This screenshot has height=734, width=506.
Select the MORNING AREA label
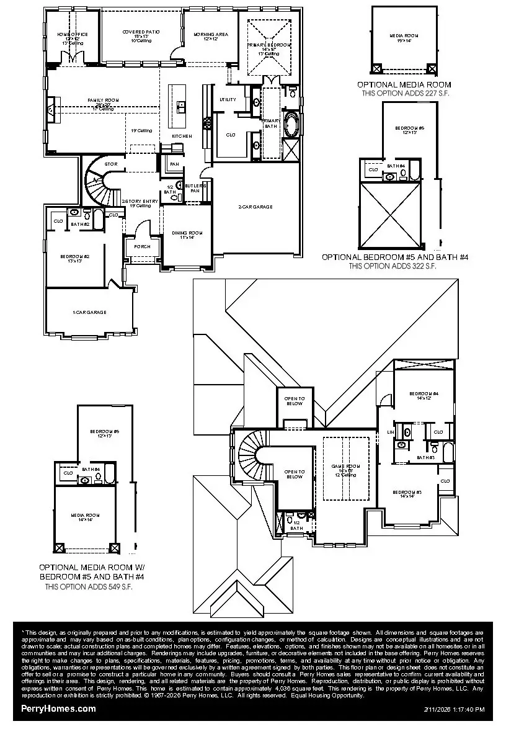[x=206, y=35]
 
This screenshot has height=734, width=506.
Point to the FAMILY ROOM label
[x=103, y=100]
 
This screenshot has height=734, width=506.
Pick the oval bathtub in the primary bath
[x=291, y=125]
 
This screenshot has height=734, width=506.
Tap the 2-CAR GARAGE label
[x=255, y=207]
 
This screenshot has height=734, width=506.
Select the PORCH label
[x=133, y=246]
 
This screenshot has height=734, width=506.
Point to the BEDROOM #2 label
[x=75, y=256]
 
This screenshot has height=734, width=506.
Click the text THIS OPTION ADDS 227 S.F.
[x=404, y=93]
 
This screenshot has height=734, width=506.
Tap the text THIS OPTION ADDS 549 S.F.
[x=88, y=586]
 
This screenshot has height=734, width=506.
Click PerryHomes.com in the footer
[x=58, y=708]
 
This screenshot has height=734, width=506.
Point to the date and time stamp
[x=454, y=709]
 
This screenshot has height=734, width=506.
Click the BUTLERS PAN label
[x=193, y=188]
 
